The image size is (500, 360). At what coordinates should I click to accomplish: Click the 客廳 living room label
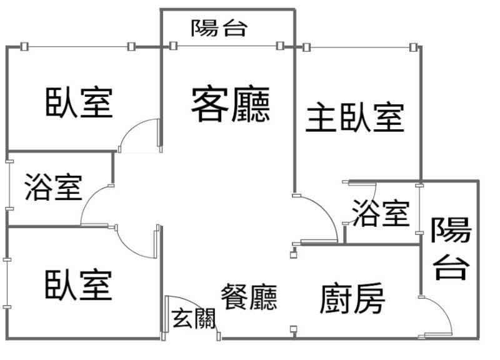(x=231, y=104)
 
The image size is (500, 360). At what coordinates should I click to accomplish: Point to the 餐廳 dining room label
(x=249, y=297)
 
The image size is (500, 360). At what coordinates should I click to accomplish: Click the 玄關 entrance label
(x=193, y=318)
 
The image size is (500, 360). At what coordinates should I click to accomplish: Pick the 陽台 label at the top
(x=219, y=27)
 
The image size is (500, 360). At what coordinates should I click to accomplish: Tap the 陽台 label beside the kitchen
(x=451, y=248)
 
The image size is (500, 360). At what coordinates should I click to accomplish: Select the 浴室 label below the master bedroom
(x=381, y=213)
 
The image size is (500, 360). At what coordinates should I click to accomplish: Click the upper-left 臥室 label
(x=79, y=102)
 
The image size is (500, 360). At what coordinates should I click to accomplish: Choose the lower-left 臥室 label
(x=78, y=284)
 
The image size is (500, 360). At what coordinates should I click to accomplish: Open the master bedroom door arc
(x=322, y=216)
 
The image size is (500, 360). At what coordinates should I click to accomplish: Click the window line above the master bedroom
(x=359, y=47)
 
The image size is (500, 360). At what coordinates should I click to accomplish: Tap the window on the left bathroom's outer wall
(x=8, y=187)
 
